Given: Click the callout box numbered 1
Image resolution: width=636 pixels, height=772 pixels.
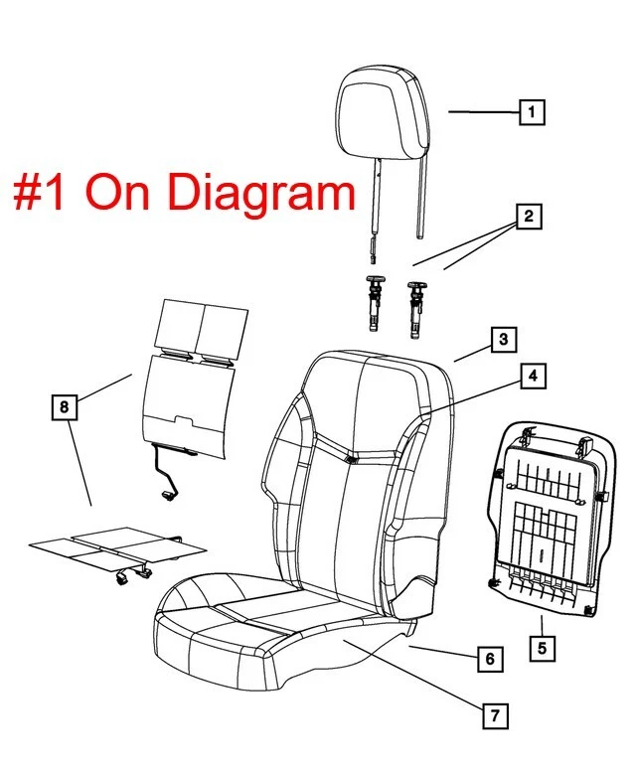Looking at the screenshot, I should pos(532,112).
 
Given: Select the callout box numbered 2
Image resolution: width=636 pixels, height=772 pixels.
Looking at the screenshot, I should pos(529,215).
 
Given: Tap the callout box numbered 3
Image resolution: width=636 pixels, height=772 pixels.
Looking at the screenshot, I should pos(504,340).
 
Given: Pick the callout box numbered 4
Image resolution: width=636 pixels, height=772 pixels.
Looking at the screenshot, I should pos(533,376).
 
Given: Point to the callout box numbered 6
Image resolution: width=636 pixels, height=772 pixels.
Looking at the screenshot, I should pos(489,658).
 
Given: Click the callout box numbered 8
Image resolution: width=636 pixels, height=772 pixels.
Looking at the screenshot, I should pos(64,405).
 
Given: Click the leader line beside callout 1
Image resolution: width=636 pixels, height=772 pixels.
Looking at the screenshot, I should pos(481,113).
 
